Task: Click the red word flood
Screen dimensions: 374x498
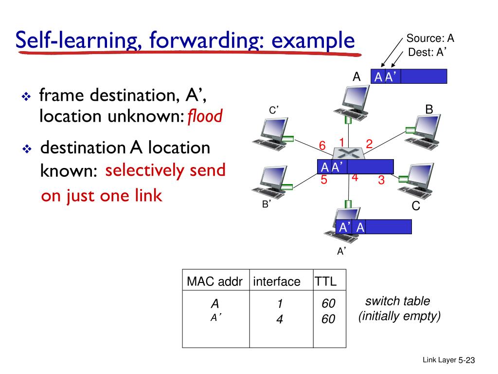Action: pyautogui.click(x=205, y=116)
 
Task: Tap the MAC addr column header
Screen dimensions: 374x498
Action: pyautogui.click(x=214, y=281)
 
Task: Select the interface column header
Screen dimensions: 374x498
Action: pyautogui.click(x=277, y=281)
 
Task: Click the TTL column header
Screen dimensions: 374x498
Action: pyautogui.click(x=325, y=281)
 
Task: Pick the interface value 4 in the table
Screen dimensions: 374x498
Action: pyautogui.click(x=280, y=320)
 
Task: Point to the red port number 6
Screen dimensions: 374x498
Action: pyautogui.click(x=322, y=146)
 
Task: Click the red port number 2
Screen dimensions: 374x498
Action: pyautogui.click(x=369, y=144)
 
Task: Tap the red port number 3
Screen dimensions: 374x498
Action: pyautogui.click(x=381, y=180)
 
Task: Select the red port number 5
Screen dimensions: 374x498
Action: pyautogui.click(x=324, y=180)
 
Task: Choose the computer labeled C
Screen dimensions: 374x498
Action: pyautogui.click(x=416, y=180)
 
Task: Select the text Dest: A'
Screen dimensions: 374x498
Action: pyautogui.click(x=427, y=53)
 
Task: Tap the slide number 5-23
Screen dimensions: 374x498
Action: pyautogui.click(x=466, y=360)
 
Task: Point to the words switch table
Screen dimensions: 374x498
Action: pyautogui.click(x=398, y=301)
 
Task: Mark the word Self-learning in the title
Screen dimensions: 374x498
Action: pyautogui.click(x=78, y=40)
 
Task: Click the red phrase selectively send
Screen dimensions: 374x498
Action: pyautogui.click(x=166, y=170)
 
